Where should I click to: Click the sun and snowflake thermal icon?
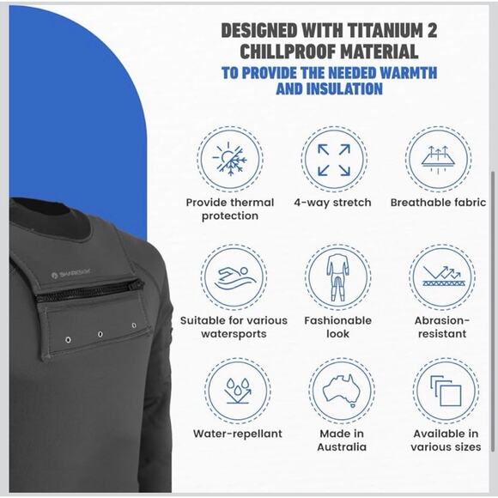point(229,159)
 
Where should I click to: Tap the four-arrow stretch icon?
point(334,160)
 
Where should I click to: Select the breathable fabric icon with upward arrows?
point(438,160)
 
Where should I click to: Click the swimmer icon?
point(234,278)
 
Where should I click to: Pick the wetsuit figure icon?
point(337,277)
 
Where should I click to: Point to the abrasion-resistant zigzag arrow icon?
point(442,276)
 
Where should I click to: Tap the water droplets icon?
point(238,391)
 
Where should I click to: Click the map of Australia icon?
point(342,391)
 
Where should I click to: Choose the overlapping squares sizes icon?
point(446,391)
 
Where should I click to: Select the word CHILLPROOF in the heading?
point(284,52)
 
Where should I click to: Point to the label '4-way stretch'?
point(332,203)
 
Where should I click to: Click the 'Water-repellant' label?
point(238,434)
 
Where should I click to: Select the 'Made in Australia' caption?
point(342,440)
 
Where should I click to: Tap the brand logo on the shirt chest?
point(71,273)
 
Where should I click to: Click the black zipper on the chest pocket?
point(89,290)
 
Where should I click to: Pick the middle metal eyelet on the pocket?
point(100,334)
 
